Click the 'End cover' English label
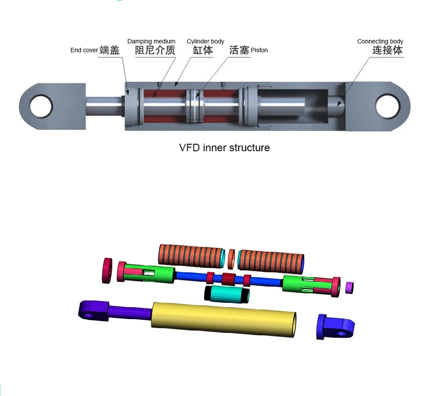click(x=84, y=50)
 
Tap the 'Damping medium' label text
click(x=151, y=42)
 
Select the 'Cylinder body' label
click(x=205, y=42)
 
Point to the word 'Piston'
click(x=259, y=50)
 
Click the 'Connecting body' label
click(x=380, y=42)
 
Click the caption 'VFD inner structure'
click(x=224, y=148)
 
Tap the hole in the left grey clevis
click(x=41, y=106)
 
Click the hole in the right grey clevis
click(x=386, y=106)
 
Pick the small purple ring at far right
click(x=349, y=287)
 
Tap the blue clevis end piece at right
click(x=335, y=327)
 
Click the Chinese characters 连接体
click(x=387, y=50)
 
